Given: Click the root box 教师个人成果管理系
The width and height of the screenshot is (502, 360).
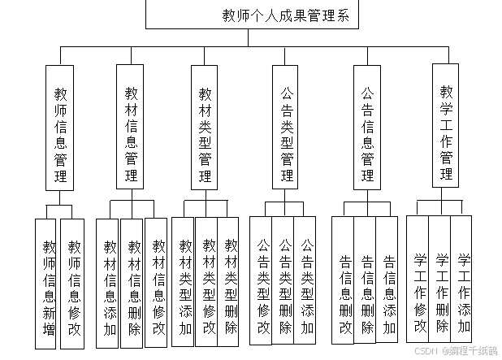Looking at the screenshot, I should click(x=285, y=15).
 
